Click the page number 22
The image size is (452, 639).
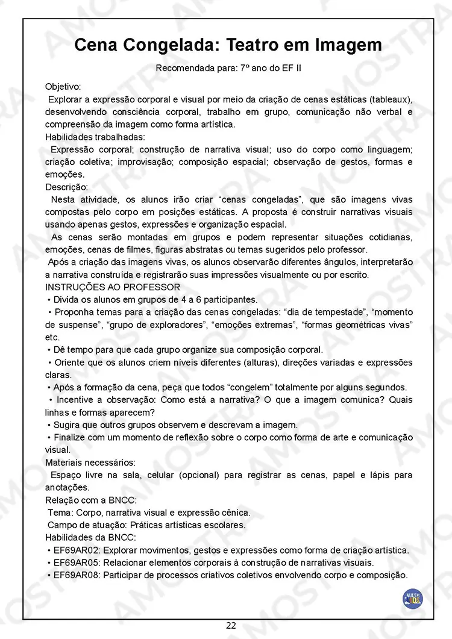[231, 625]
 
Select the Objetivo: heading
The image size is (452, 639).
[63, 87]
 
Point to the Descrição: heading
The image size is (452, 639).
[66, 187]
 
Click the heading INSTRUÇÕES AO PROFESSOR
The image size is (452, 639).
[112, 287]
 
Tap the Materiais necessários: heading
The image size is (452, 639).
[90, 463]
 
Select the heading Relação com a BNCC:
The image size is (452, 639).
[91, 500]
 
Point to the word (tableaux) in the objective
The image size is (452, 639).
[391, 99]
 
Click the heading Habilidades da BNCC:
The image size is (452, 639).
[90, 538]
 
